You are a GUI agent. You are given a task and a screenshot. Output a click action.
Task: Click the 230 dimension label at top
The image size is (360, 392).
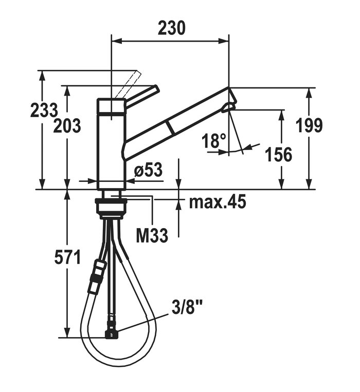pos(172,28)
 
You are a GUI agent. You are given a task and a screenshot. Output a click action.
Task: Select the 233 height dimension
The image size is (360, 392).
pos(44,110)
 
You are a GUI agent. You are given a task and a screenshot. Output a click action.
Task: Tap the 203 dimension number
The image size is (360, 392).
pos(67,125)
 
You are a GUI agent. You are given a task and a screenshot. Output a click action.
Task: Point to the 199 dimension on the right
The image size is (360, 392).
pos(309,125)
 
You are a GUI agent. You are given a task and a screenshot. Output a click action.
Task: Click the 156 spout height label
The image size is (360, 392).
pos(278,154)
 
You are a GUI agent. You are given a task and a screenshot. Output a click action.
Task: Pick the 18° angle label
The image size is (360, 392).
pos(214,140)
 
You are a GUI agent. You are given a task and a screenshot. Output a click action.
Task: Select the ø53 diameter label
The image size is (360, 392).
pos(148,170)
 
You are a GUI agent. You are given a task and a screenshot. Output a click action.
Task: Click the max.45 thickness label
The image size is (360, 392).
pos(218,201)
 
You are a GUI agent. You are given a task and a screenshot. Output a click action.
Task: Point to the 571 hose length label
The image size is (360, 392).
pos(67,257)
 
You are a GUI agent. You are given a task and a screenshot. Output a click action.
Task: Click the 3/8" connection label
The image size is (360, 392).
pos(187,308)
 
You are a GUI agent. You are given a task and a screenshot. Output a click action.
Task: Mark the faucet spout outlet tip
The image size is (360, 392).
pos(228,108)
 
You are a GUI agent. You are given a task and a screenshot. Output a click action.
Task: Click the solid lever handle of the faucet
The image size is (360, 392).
pos(142,96)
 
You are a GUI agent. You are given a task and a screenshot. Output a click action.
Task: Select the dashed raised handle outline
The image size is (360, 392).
pos(128,84)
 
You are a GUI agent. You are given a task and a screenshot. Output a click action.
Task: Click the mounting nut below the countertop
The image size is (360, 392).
pos(111,207)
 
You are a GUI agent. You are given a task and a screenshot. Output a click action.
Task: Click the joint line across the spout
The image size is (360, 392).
pos(170,128)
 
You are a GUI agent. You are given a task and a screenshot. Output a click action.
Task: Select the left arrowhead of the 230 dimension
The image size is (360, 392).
pos(117,41)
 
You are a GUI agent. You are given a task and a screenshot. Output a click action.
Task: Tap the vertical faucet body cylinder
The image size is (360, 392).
pos(111,144)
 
